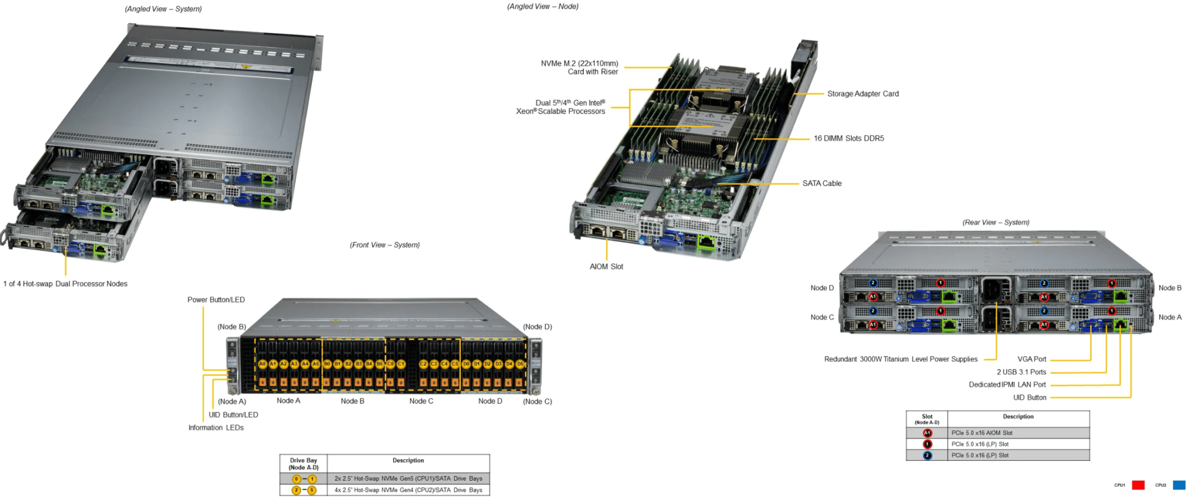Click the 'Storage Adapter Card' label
pyautogui.click(x=863, y=94)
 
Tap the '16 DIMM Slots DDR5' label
pyautogui.click(x=849, y=139)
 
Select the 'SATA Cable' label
pyautogui.click(x=822, y=184)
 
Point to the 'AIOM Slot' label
pyautogui.click(x=606, y=267)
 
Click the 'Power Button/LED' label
pyautogui.click(x=216, y=300)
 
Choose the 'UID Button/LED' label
pyautogui.click(x=233, y=415)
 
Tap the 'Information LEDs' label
pyautogui.click(x=216, y=428)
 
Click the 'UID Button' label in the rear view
pyautogui.click(x=1029, y=398)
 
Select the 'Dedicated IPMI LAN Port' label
pyautogui.click(x=1007, y=385)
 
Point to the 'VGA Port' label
pyautogui.click(x=1032, y=359)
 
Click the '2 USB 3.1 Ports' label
pyautogui.click(x=1021, y=372)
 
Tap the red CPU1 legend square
pyautogui.click(x=1138, y=485)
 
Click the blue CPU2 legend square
pyautogui.click(x=1179, y=485)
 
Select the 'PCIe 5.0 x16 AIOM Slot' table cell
pyautogui.click(x=982, y=433)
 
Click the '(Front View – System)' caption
pyautogui.click(x=384, y=245)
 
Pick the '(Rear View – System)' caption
pyautogui.click(x=996, y=223)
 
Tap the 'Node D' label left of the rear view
pyautogui.click(x=822, y=288)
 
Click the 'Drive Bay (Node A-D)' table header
pyautogui.click(x=303, y=464)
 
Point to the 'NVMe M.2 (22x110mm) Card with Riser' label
pyautogui.click(x=579, y=68)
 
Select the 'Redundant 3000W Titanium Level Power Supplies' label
pyautogui.click(x=901, y=359)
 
